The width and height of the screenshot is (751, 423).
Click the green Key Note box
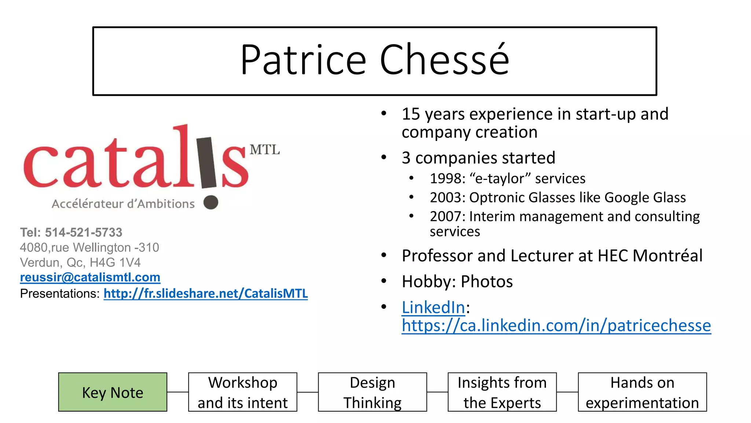tap(113, 392)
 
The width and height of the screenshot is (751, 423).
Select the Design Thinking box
tap(372, 392)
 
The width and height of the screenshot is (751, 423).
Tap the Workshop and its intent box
tap(242, 392)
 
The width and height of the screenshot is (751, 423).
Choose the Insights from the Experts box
tap(502, 392)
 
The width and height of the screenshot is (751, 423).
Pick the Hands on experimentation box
tap(642, 392)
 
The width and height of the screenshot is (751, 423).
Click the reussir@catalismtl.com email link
tap(90, 277)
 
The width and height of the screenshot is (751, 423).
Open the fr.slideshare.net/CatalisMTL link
tap(205, 293)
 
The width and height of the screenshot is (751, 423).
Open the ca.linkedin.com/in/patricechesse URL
tap(556, 325)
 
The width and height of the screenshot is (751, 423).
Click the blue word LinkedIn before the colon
tap(433, 307)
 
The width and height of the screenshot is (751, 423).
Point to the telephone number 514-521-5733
tap(84, 232)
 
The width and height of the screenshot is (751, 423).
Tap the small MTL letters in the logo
tap(264, 150)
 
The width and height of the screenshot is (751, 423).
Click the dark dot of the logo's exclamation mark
tap(211, 202)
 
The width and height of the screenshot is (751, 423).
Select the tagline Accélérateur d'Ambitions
tap(123, 204)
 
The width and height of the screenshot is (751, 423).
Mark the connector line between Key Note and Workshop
tap(177, 392)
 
